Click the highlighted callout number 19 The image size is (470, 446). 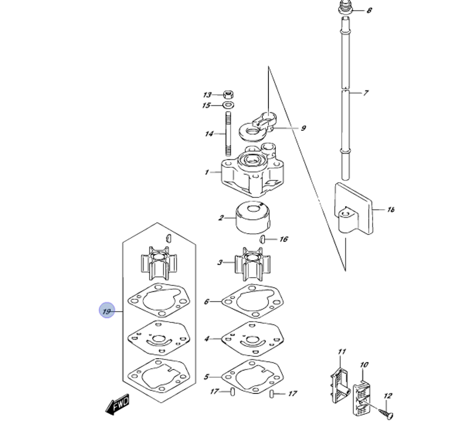(107, 311)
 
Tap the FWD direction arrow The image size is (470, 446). (117, 404)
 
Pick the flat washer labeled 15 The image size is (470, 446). (230, 105)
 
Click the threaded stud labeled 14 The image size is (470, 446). (229, 133)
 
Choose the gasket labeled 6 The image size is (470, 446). (252, 301)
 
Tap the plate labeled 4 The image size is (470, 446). (252, 338)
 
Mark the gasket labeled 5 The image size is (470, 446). (252, 376)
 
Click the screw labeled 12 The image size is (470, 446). (385, 413)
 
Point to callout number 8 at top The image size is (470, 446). (369, 10)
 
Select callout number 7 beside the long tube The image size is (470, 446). (366, 93)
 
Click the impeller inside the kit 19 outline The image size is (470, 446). (158, 263)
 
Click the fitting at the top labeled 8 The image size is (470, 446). (346, 8)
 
